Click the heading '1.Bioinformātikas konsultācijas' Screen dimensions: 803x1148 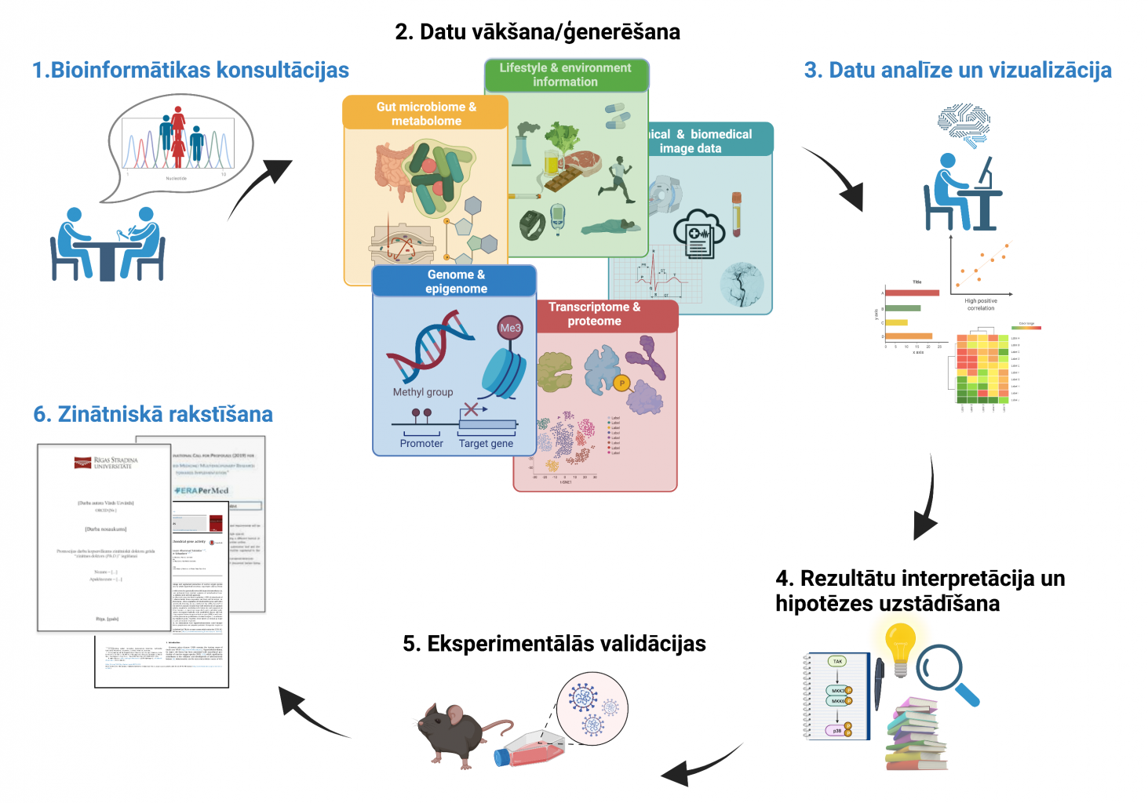[191, 70]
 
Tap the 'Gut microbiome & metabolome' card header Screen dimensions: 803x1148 [426, 114]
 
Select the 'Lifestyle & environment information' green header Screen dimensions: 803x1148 [565, 74]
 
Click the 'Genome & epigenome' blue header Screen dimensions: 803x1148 [456, 282]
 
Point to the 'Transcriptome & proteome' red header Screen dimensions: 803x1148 [594, 314]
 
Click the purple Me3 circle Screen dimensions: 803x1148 [510, 328]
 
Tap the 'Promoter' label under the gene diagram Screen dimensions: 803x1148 [421, 443]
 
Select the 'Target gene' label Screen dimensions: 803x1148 [486, 443]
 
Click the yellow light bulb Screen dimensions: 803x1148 [900, 648]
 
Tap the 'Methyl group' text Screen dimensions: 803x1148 [423, 392]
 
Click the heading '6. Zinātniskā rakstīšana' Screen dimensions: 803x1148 [153, 414]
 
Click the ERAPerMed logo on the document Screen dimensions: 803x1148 [202, 490]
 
